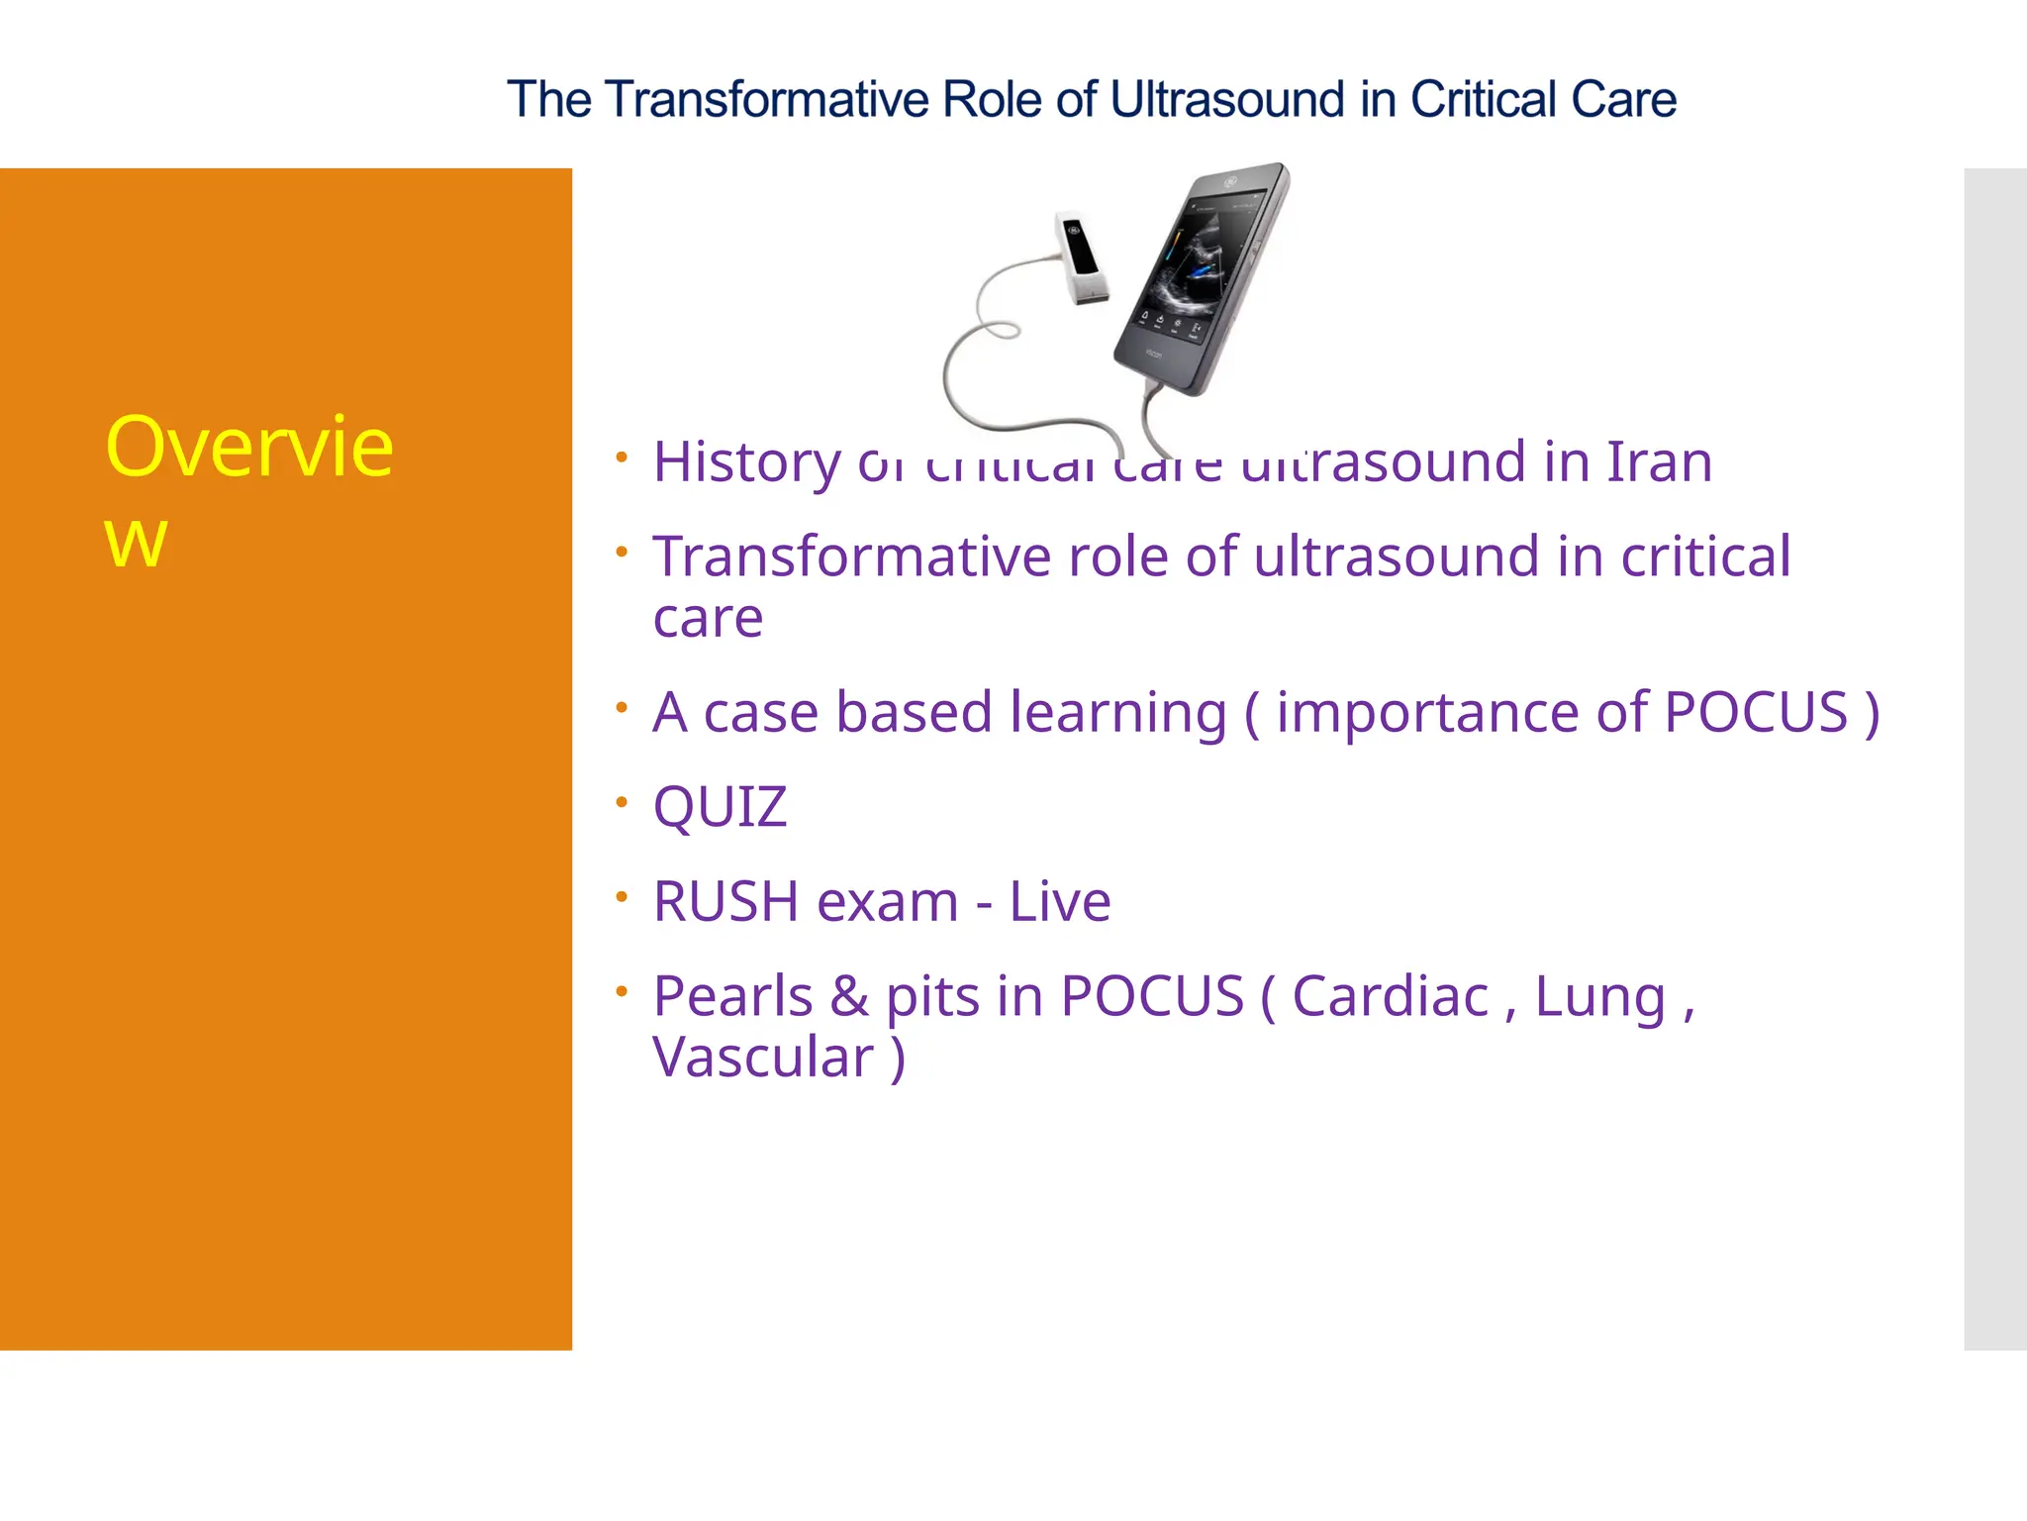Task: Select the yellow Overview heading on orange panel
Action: tap(248, 490)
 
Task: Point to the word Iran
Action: tap(1659, 461)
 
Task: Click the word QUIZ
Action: tap(720, 807)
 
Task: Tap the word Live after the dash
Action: tap(1059, 902)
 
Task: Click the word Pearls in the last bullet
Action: tap(732, 996)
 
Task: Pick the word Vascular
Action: tap(763, 1058)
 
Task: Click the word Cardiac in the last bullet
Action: tap(1390, 996)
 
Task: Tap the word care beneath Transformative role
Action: tap(708, 620)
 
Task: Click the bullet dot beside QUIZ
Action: tap(622, 801)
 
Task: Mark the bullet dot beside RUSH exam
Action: tap(622, 896)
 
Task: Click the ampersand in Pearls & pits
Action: tap(849, 996)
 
